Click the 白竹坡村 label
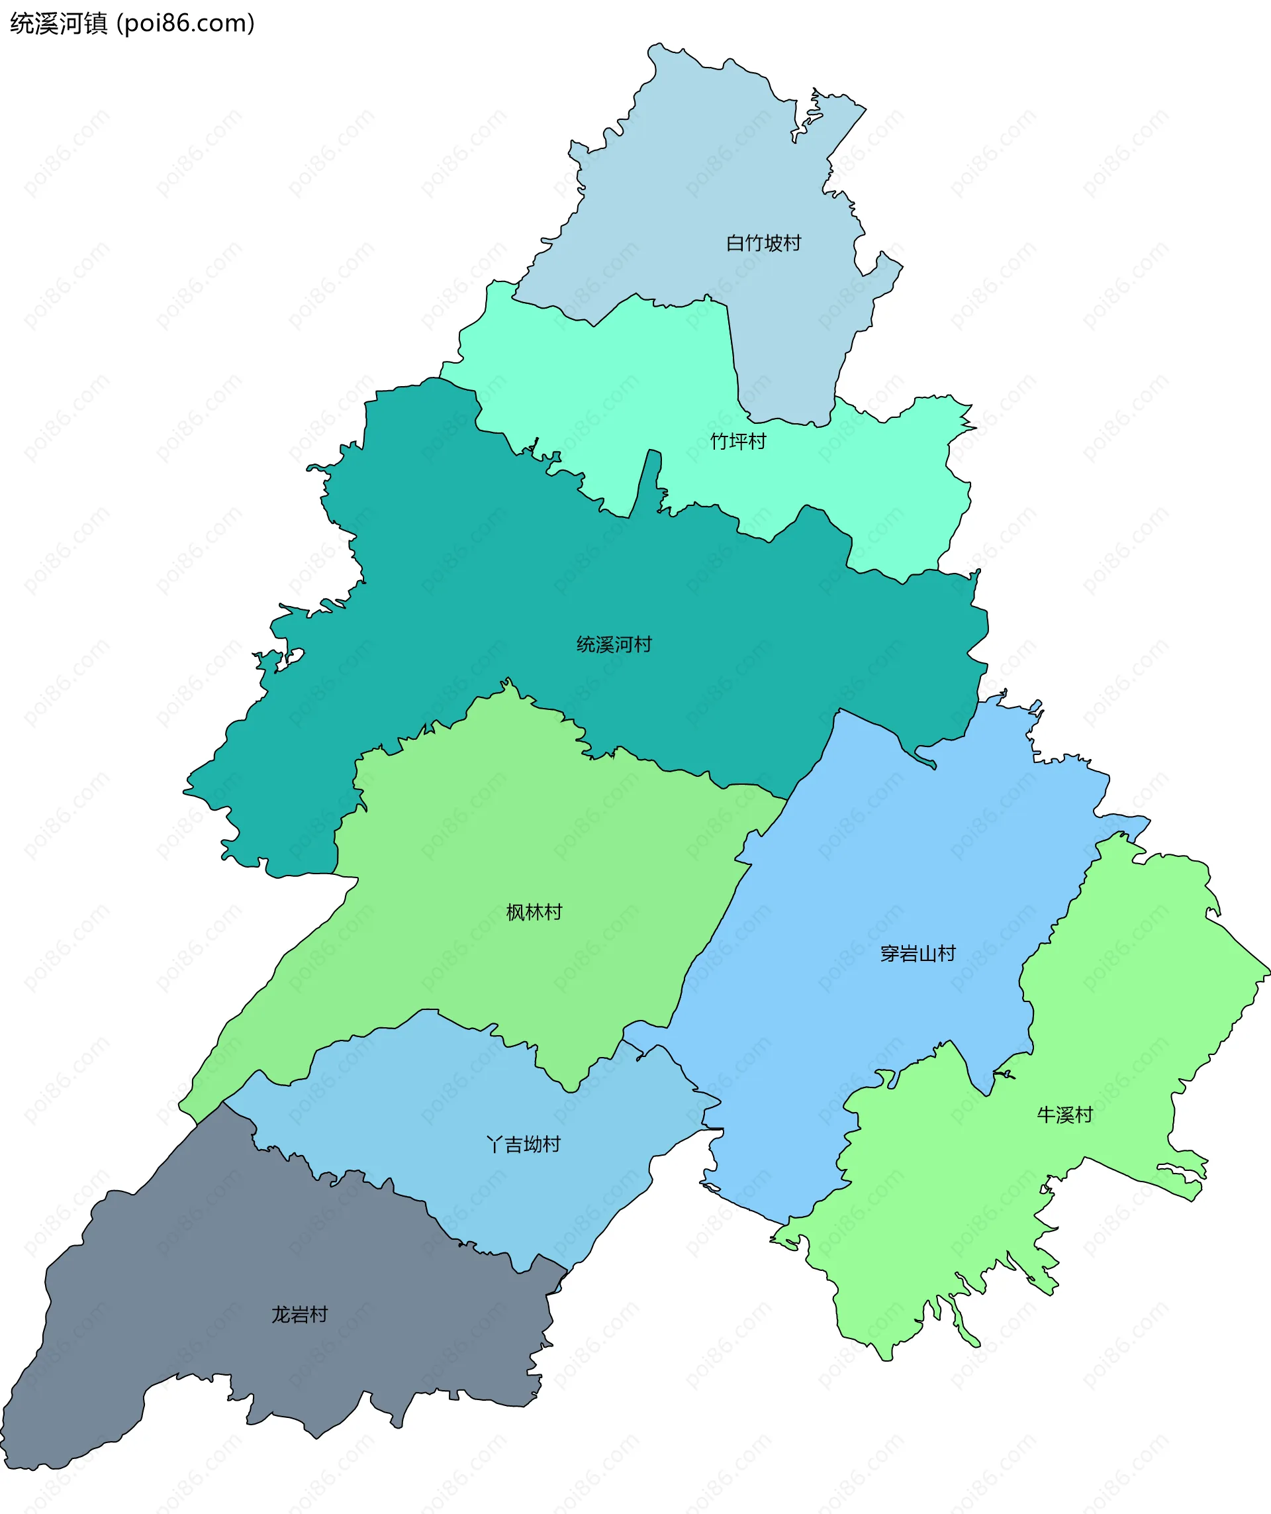tap(763, 243)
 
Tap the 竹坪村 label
tap(738, 441)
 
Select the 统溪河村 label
tap(614, 644)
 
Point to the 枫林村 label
tap(534, 913)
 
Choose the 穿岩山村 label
tap(918, 954)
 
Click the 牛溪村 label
tap(1065, 1115)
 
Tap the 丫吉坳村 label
tap(524, 1144)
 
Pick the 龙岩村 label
tap(300, 1314)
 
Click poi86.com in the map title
tap(185, 24)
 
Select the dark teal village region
tap(504, 613)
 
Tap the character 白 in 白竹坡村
tap(735, 243)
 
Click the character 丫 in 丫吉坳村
tap(494, 1144)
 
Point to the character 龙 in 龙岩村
tap(281, 1314)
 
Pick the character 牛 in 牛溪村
tap(1046, 1115)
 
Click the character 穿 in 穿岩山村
tap(890, 954)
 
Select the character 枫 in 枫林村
tap(515, 913)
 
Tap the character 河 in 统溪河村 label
tap(623, 644)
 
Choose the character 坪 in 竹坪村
tap(738, 441)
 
